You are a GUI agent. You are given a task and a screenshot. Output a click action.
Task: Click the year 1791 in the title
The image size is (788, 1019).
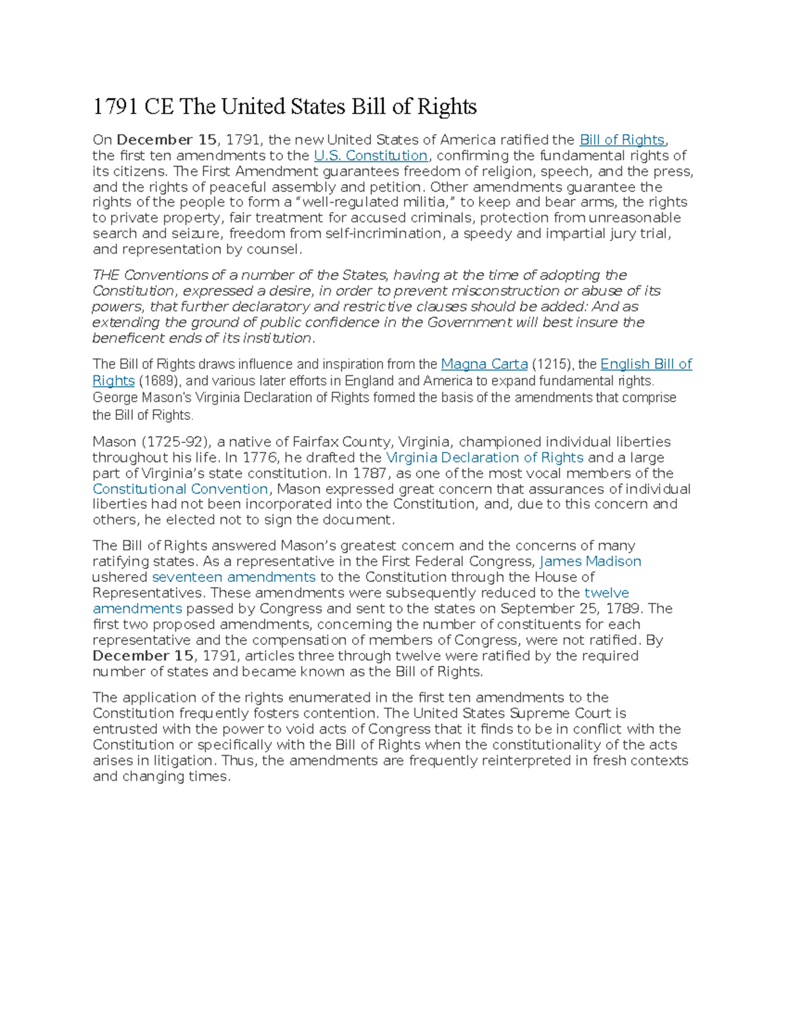[x=116, y=106]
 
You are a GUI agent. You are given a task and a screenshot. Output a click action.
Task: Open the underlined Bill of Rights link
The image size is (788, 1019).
[x=622, y=140]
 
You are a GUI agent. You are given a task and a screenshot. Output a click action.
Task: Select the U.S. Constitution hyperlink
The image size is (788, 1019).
[x=371, y=156]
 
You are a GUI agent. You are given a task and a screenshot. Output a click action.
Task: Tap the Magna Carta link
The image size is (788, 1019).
[x=484, y=364]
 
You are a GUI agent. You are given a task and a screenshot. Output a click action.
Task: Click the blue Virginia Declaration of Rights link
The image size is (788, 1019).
[x=485, y=457]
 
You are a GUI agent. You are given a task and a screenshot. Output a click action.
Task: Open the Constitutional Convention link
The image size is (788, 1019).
[x=180, y=489]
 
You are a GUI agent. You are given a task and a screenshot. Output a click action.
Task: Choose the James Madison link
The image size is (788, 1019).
[x=590, y=561]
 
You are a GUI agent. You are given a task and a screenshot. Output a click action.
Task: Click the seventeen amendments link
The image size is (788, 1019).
[x=234, y=577]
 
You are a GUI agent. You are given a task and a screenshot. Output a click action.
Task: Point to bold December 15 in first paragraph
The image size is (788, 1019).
[x=166, y=140]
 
